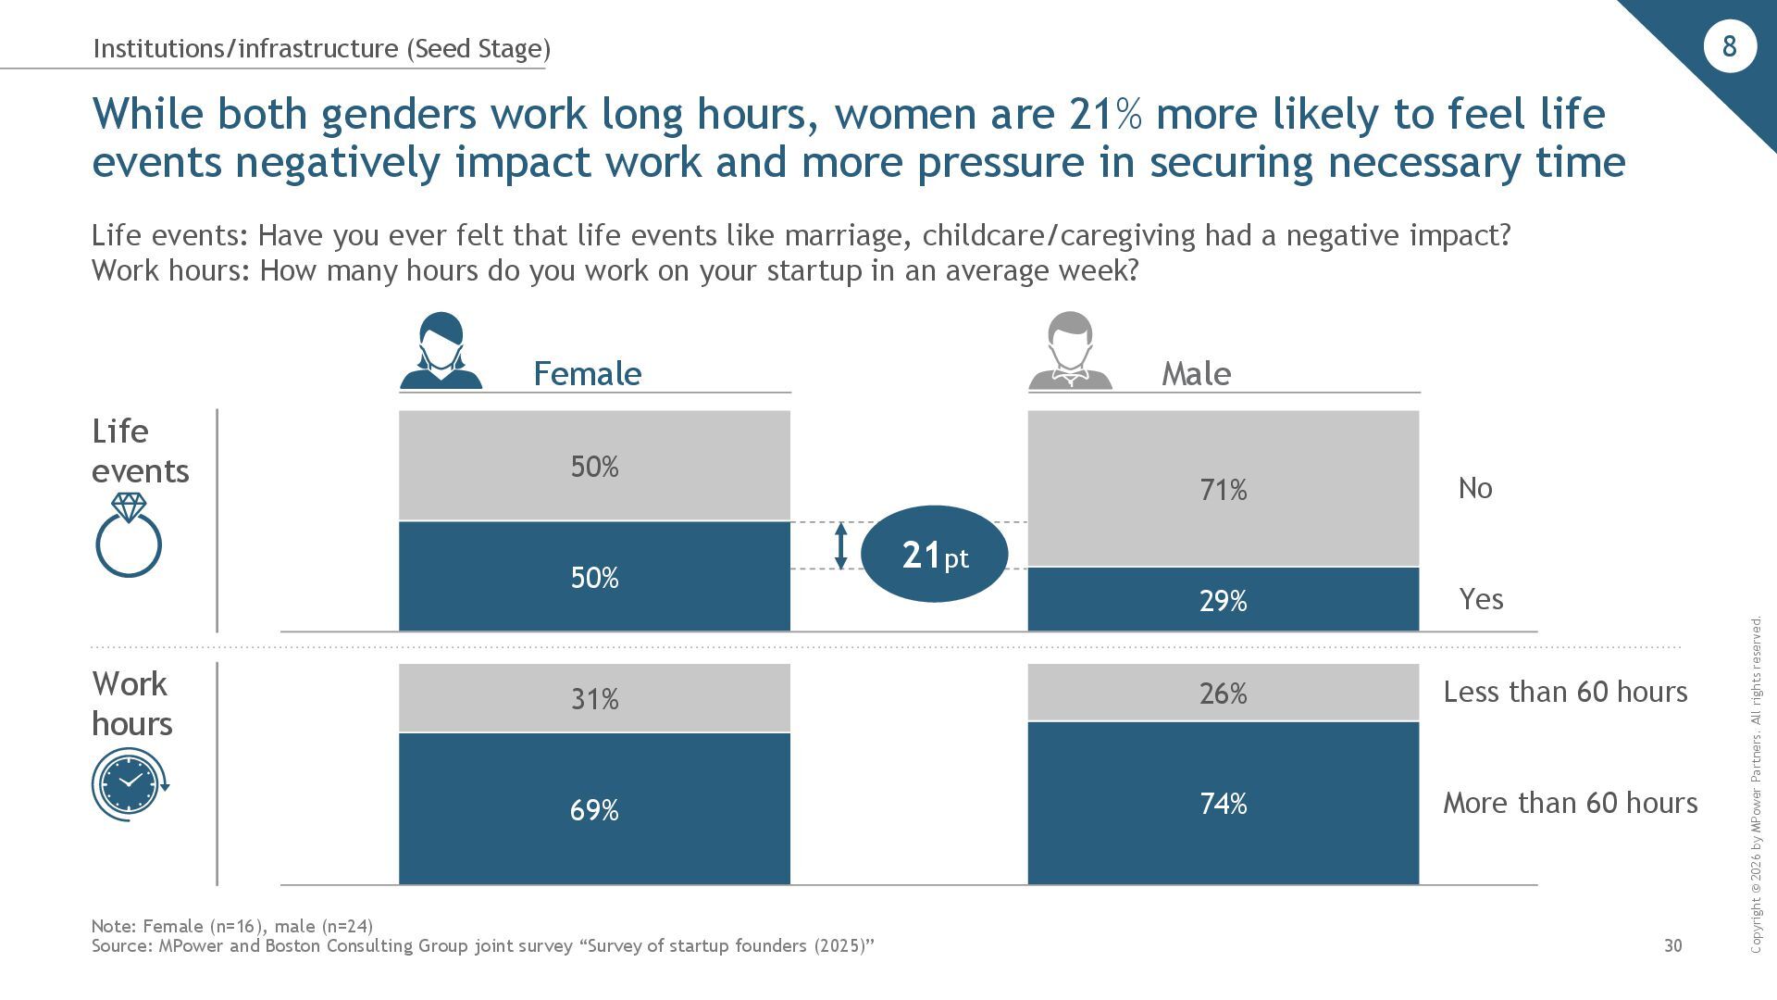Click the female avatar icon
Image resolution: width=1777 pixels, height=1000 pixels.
click(x=441, y=351)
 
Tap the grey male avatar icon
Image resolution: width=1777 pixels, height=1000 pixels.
click(x=1070, y=351)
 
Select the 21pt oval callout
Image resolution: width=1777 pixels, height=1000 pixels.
click(x=934, y=554)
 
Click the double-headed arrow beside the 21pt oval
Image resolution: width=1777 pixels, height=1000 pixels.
click(x=840, y=546)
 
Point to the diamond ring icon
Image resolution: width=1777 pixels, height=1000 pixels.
click(x=129, y=536)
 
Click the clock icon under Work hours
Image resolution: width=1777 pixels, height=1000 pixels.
click(x=130, y=783)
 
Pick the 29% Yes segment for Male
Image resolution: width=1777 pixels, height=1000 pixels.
click(x=1223, y=600)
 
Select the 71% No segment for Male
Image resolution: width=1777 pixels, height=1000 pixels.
click(x=1223, y=488)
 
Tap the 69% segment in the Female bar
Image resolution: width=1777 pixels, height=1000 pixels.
click(x=594, y=809)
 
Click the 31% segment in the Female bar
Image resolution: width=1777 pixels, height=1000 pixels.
click(x=594, y=698)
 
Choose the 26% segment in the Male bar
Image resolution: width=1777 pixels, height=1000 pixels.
click(x=1223, y=693)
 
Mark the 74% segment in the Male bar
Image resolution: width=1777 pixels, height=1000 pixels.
click(x=1223, y=803)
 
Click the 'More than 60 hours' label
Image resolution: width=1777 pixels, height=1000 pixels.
click(x=1570, y=803)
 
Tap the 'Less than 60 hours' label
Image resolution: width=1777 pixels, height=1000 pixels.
click(x=1565, y=692)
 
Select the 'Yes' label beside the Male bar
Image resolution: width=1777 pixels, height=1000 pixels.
click(x=1481, y=599)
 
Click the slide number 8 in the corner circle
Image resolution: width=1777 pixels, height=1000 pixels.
click(x=1729, y=46)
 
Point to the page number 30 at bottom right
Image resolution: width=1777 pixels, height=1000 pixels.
click(x=1672, y=945)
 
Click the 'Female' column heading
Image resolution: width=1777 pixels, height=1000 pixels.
click(x=587, y=373)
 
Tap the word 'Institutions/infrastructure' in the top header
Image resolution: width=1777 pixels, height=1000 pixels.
click(x=245, y=48)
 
